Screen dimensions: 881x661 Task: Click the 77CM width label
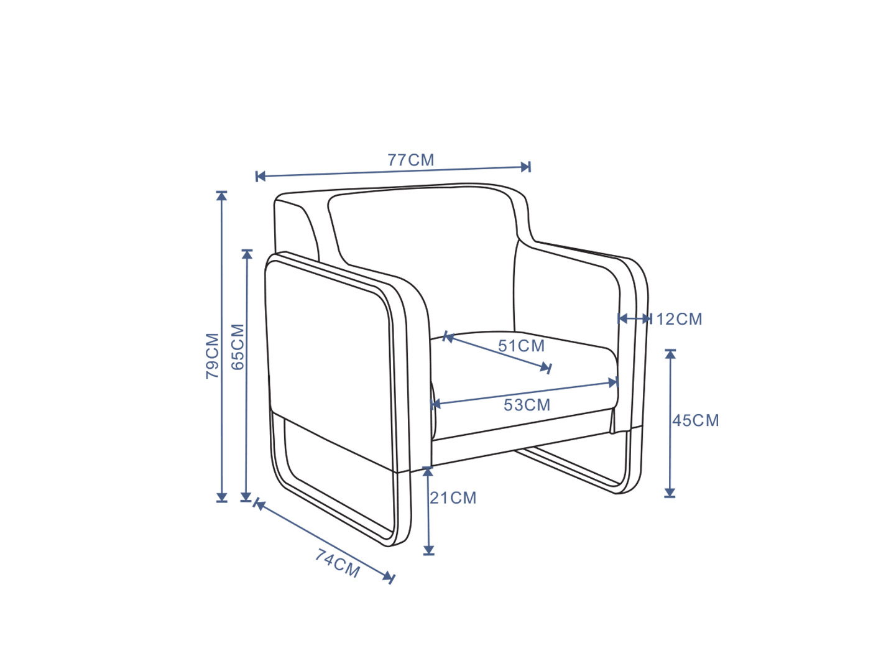410,160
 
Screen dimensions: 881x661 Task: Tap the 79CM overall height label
213,356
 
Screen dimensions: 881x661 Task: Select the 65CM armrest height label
238,347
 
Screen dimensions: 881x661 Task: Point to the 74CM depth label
337,563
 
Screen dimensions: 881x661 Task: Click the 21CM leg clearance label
453,498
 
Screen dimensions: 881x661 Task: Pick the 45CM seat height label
696,420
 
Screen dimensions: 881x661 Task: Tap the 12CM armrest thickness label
679,320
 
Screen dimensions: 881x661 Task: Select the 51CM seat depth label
522,346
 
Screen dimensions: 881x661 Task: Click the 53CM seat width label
527,405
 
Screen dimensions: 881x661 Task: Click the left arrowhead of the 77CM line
261,176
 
